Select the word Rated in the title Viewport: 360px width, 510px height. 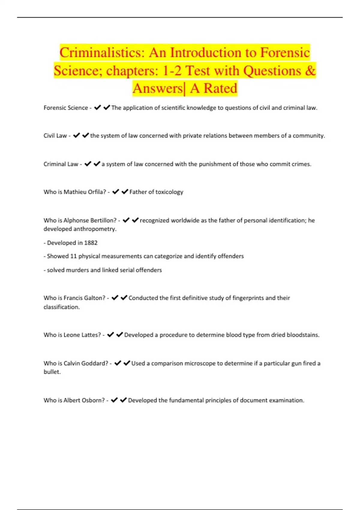tap(220, 88)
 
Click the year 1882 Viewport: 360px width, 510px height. tap(91, 243)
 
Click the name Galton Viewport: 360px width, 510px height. tap(94, 298)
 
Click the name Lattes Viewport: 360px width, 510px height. tap(91, 335)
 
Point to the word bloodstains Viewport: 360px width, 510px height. tap(303, 335)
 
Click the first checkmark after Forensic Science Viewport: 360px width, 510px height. tap(97, 107)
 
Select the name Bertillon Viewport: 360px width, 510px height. tap(103, 220)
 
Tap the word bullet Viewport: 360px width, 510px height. tap(52, 372)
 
